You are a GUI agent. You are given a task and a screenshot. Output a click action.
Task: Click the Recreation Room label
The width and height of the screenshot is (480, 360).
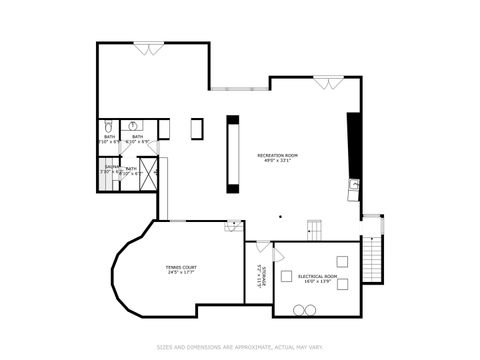pyautogui.click(x=277, y=155)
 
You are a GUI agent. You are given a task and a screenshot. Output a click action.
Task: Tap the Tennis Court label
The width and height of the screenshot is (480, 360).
pyautogui.click(x=181, y=267)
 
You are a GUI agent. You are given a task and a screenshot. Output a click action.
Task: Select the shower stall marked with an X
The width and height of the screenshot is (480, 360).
pyautogui.click(x=147, y=178)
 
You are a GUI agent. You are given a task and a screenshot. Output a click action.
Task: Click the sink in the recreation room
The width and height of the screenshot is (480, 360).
pyautogui.click(x=353, y=184)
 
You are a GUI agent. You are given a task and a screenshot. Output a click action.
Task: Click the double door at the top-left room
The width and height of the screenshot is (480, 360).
pyautogui.click(x=149, y=45)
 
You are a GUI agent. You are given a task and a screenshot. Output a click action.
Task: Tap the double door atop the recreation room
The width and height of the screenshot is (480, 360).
pyautogui.click(x=324, y=82)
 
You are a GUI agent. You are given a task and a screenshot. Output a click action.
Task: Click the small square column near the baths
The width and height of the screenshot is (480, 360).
pyautogui.click(x=197, y=128)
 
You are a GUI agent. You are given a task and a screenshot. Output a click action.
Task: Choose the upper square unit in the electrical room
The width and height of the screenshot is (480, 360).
pyautogui.click(x=341, y=262)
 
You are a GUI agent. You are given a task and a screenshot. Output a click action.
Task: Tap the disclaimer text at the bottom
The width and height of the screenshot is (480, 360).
pyautogui.click(x=240, y=348)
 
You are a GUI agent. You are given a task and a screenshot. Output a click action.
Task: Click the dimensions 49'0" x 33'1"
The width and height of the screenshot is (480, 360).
pyautogui.click(x=277, y=161)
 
